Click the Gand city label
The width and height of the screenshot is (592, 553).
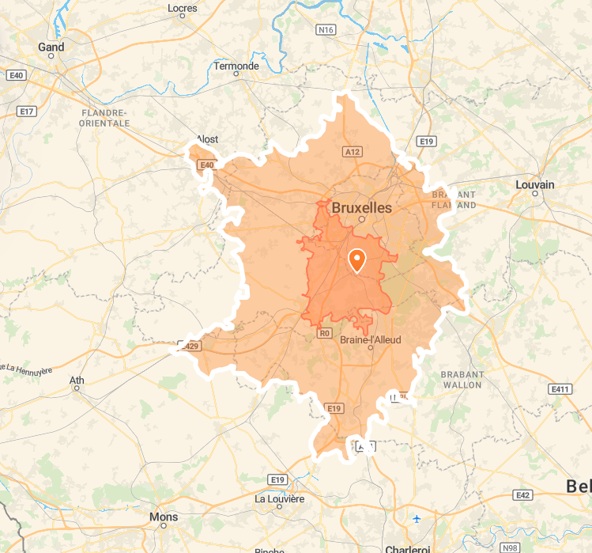pyautogui.click(x=51, y=47)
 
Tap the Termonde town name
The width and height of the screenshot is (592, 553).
pyautogui.click(x=236, y=66)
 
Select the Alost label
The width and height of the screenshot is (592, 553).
pyautogui.click(x=207, y=139)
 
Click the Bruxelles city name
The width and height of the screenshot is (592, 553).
pyautogui.click(x=362, y=206)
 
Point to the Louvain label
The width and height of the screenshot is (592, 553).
pyautogui.click(x=535, y=184)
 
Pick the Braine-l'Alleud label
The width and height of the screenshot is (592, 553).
pyautogui.click(x=370, y=339)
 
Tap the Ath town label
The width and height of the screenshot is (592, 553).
pyautogui.click(x=77, y=381)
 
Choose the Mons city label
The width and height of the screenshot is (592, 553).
pyautogui.click(x=164, y=517)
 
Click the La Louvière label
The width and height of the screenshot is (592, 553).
pyautogui.click(x=279, y=499)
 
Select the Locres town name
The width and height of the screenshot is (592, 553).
pyautogui.click(x=183, y=9)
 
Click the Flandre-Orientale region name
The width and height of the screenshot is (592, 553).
pyautogui.click(x=105, y=119)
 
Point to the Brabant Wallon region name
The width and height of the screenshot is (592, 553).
pyautogui.click(x=462, y=380)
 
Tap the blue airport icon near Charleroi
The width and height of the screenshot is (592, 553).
pyautogui.click(x=417, y=519)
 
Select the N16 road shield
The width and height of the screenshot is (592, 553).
pyautogui.click(x=325, y=29)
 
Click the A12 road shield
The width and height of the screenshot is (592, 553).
pyautogui.click(x=353, y=151)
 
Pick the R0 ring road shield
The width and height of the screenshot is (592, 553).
pyautogui.click(x=324, y=333)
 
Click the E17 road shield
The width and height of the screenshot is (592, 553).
pyautogui.click(x=27, y=112)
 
